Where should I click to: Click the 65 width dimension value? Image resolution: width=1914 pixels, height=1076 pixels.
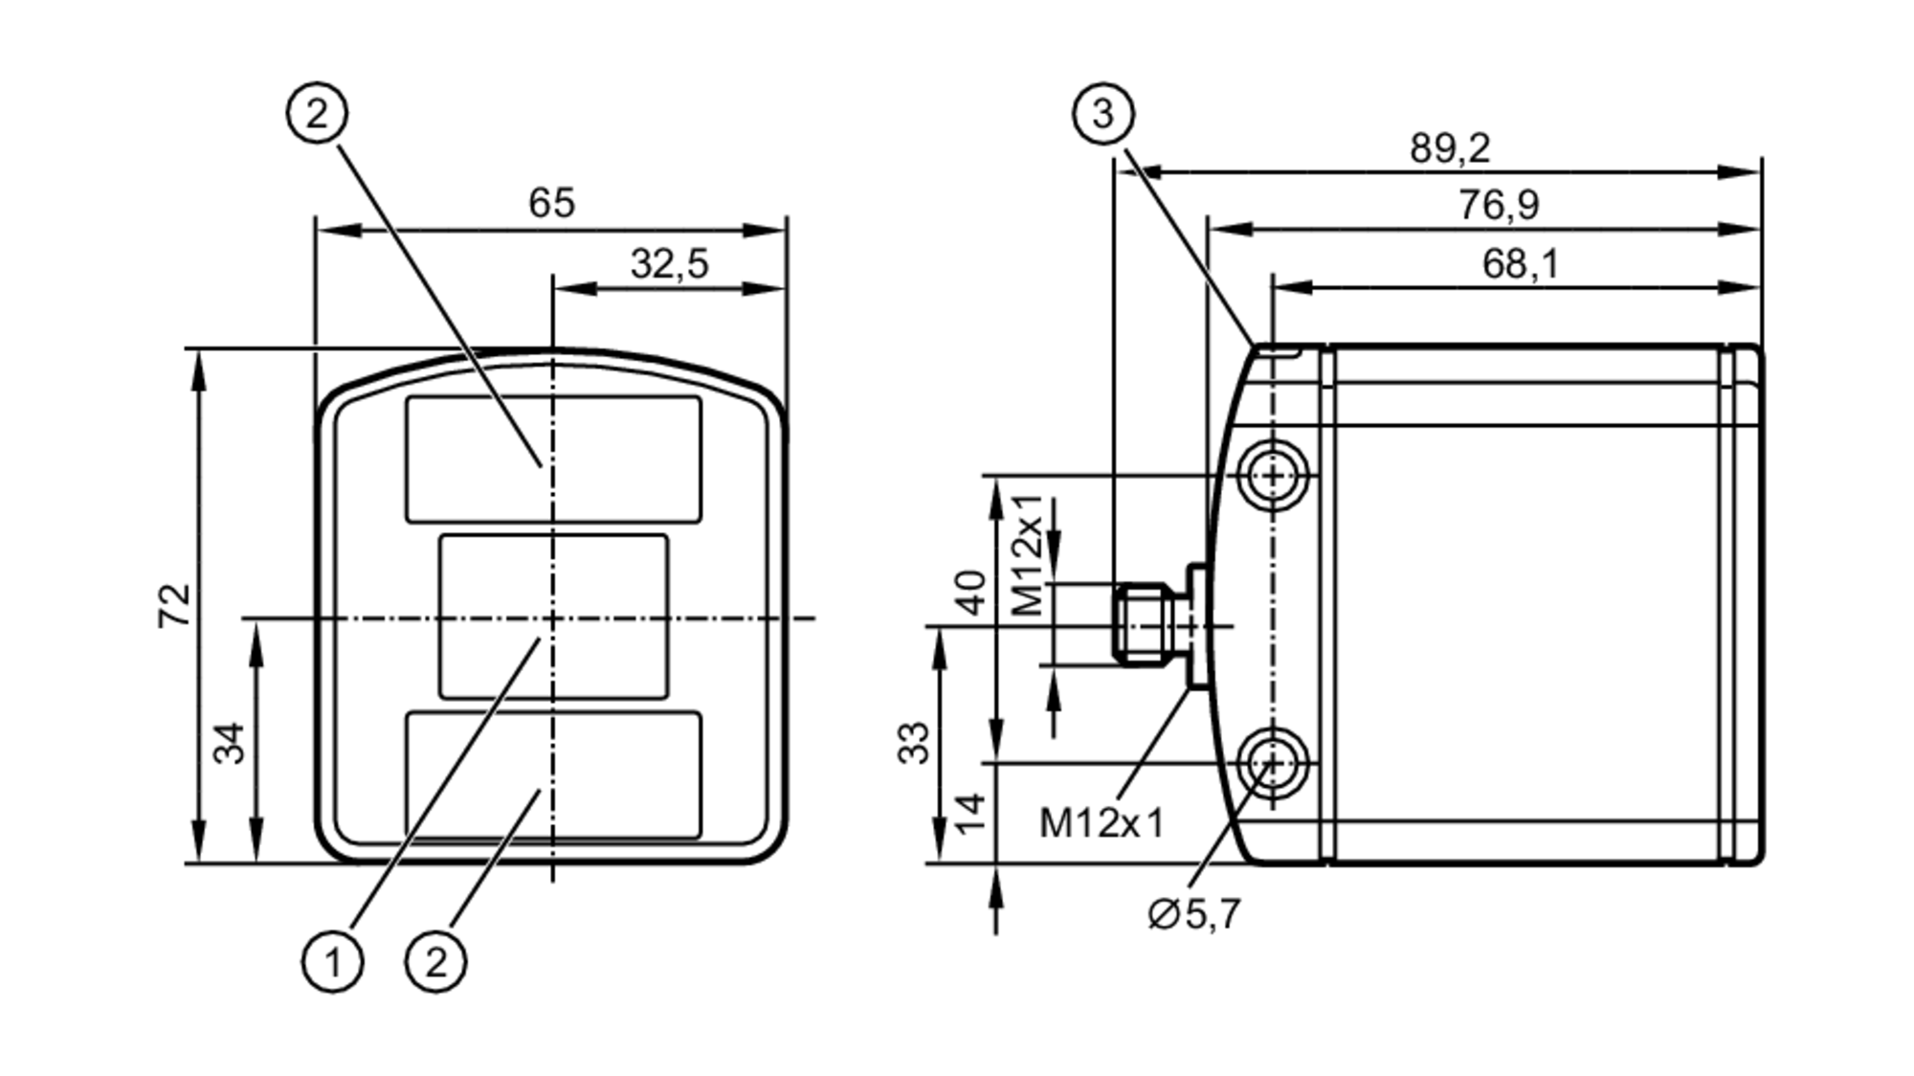click(x=551, y=203)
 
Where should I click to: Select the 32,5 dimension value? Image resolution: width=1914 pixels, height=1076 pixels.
click(x=669, y=263)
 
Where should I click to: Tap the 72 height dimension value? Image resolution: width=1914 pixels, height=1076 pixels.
click(x=174, y=605)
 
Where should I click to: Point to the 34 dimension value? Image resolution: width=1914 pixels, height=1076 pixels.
click(x=229, y=743)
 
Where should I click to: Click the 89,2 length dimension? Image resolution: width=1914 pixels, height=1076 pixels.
click(x=1449, y=148)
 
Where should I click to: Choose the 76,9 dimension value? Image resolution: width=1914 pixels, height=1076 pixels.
click(x=1498, y=205)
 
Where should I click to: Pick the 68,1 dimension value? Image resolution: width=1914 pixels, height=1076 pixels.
click(x=1520, y=263)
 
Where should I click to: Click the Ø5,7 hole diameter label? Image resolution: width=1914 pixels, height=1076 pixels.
click(x=1193, y=914)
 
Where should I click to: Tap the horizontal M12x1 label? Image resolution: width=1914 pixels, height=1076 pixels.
click(x=1102, y=822)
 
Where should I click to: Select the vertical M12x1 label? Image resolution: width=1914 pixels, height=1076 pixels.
click(x=1027, y=555)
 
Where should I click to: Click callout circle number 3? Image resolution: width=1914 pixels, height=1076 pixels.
click(x=1102, y=114)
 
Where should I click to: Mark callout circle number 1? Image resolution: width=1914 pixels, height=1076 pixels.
click(x=332, y=961)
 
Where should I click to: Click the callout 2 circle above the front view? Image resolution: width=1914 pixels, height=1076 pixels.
click(x=317, y=114)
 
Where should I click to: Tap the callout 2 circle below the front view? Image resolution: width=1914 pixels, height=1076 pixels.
click(x=436, y=961)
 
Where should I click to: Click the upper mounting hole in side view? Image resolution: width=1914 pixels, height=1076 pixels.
click(x=1273, y=475)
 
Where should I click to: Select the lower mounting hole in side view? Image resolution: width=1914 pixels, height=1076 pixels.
click(x=1273, y=763)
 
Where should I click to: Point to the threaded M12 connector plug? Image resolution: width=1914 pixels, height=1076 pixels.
click(x=1144, y=623)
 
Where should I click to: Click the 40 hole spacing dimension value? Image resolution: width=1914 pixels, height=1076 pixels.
click(x=971, y=593)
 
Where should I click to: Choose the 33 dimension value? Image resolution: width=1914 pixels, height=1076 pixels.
click(x=914, y=743)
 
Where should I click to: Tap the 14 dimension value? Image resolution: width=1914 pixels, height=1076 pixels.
click(x=971, y=813)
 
